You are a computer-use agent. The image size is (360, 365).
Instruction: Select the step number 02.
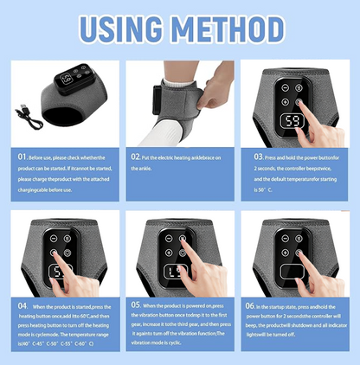click(136, 157)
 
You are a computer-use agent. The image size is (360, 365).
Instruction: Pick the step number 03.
click(258, 157)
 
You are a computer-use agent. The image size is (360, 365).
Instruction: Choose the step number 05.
click(136, 306)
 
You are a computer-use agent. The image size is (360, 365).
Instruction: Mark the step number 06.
click(249, 306)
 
